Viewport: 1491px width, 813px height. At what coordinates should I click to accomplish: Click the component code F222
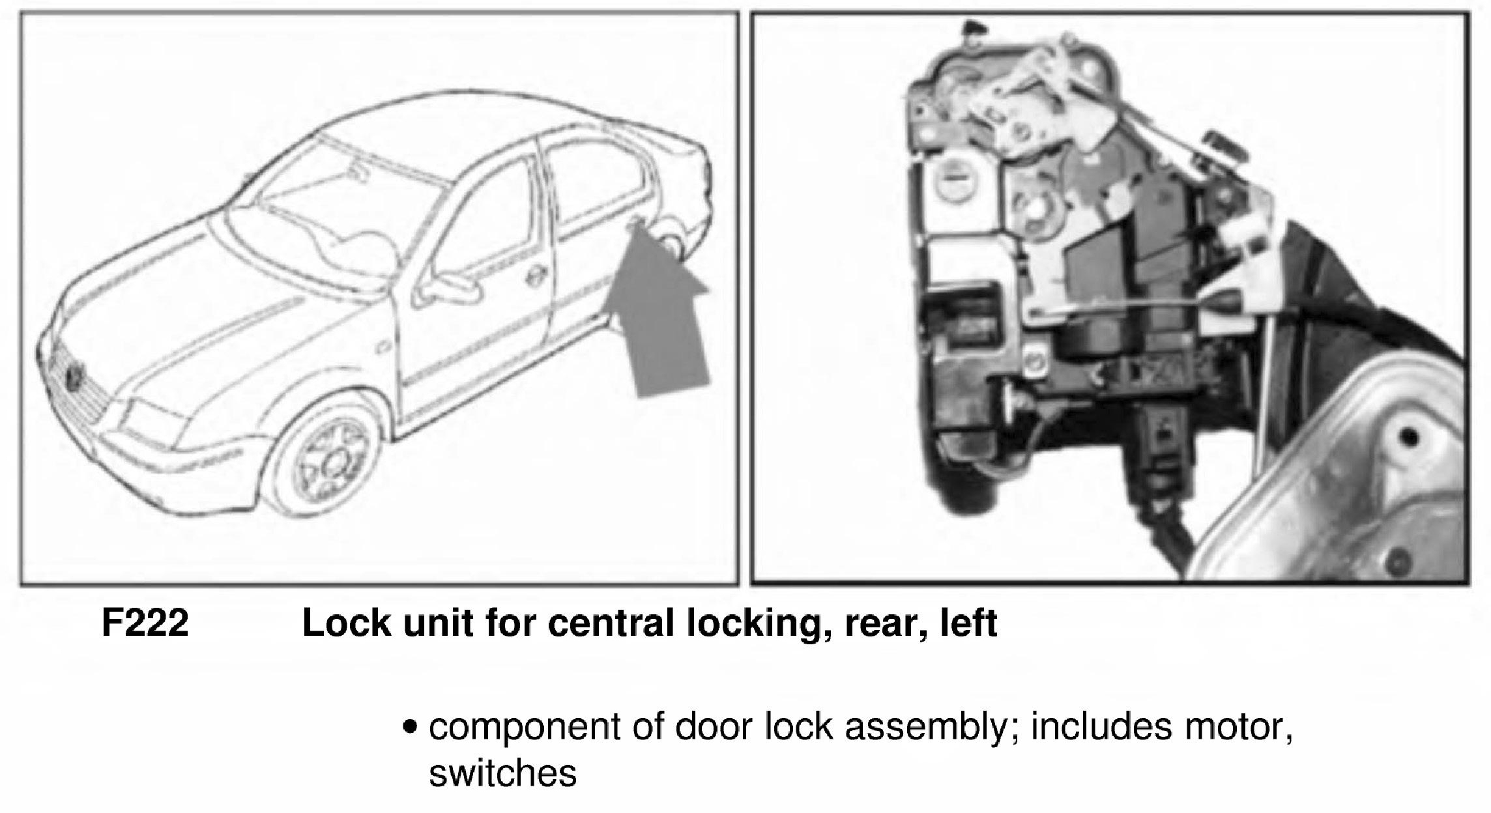tap(145, 623)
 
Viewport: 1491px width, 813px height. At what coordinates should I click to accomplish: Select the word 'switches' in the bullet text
tap(502, 773)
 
